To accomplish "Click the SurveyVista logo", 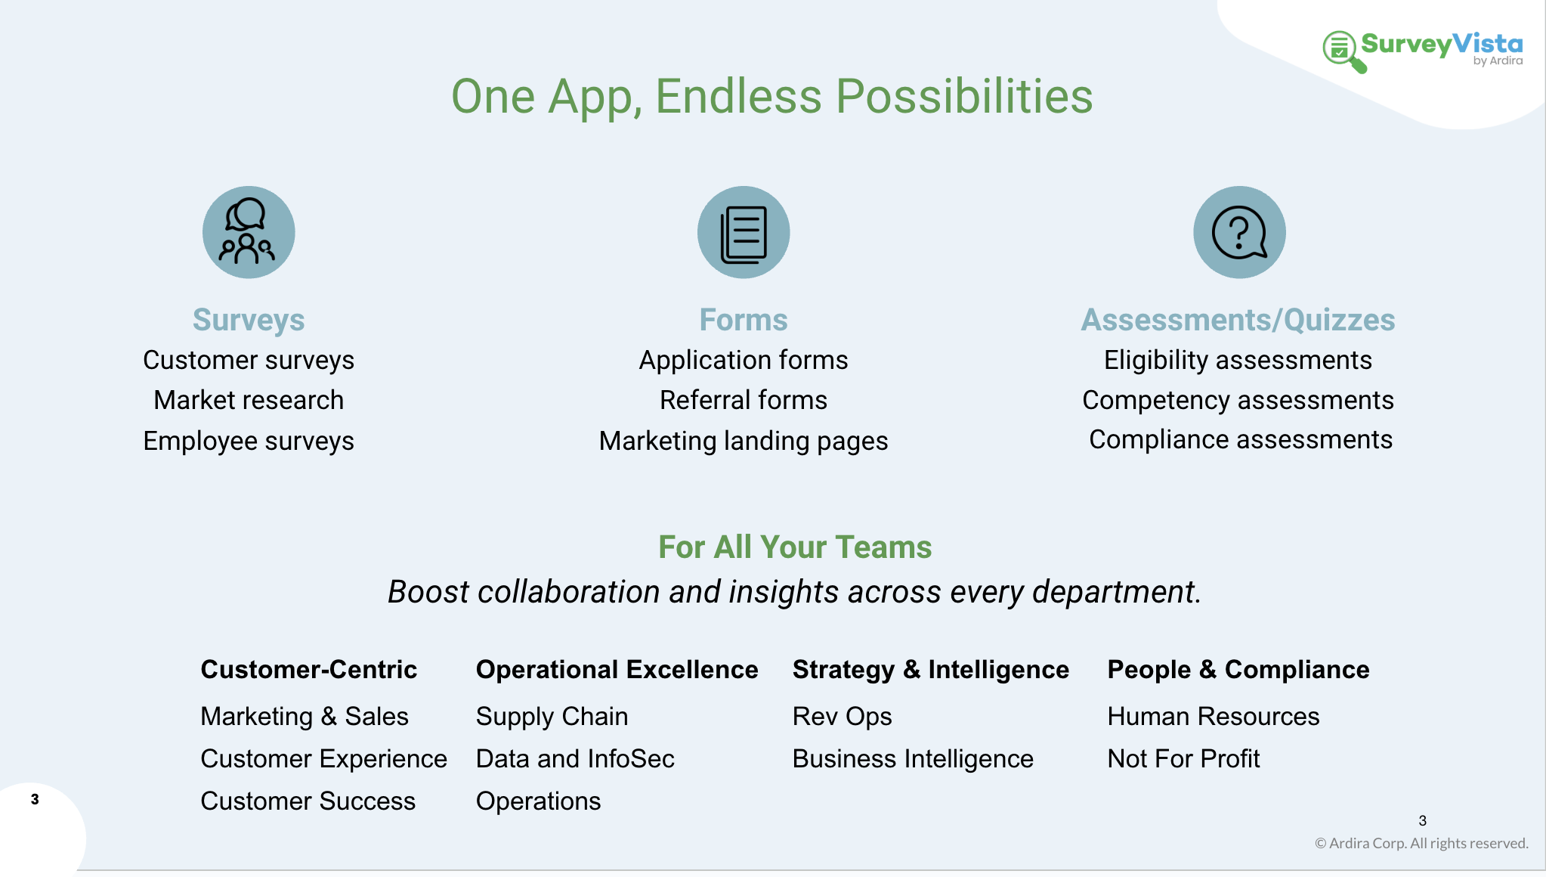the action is [1422, 51].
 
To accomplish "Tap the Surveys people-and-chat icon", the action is [249, 232].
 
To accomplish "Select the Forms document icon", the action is [744, 232].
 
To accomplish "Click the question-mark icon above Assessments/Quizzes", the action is [1239, 232].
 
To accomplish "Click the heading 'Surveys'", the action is [249, 321].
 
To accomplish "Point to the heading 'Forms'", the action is [744, 320].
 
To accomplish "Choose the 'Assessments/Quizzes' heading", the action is [1238, 321].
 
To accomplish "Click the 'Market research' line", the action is [249, 400].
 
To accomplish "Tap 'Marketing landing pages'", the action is [744, 441].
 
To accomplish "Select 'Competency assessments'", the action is [1238, 401].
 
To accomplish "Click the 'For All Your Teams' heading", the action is [795, 547].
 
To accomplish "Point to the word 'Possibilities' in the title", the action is [965, 96].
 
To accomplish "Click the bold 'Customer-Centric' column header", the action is [308, 669].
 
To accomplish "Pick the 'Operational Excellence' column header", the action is [617, 670].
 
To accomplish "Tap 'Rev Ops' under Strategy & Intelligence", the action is [842, 717].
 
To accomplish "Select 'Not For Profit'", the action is [1183, 758].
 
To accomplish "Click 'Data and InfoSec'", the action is [575, 758].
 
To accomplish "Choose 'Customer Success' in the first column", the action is [308, 801].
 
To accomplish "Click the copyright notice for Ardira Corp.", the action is [1421, 843].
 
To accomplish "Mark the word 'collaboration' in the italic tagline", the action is [569, 591].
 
